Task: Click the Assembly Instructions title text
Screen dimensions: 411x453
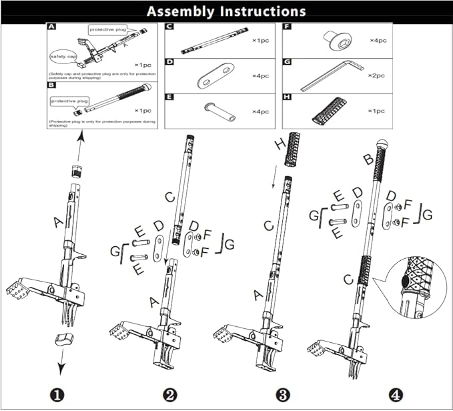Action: tap(226, 11)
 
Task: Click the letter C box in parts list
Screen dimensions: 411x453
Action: tap(169, 27)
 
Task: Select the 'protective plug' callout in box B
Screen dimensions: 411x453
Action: tap(70, 101)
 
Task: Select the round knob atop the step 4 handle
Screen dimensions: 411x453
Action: tap(383, 142)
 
